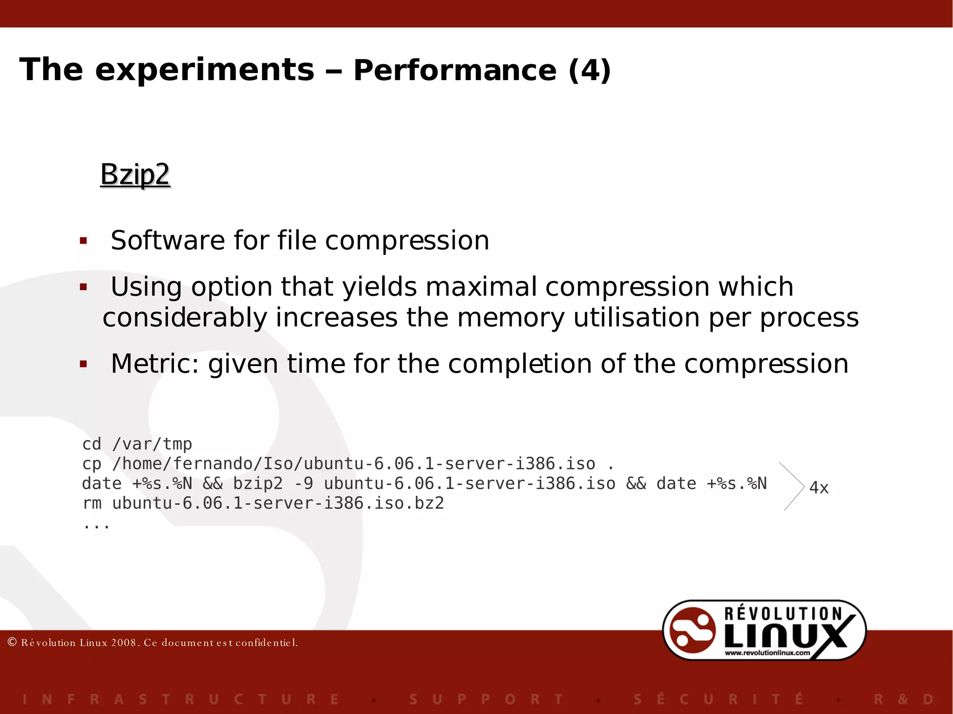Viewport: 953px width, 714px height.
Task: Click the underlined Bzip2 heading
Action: coord(135,175)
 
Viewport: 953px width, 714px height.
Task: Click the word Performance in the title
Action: coord(455,70)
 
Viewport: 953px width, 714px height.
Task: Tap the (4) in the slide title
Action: coord(590,70)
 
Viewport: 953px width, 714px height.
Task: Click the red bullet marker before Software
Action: coord(84,240)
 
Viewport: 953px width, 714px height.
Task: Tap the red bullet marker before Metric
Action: coord(84,364)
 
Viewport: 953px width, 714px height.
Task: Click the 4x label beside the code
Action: coord(819,488)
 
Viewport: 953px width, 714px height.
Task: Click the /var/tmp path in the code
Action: coord(152,444)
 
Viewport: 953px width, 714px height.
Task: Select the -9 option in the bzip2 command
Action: coord(303,484)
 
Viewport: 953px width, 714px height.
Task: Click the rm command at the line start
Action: coord(92,503)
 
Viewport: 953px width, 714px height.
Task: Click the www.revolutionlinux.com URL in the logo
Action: coord(767,653)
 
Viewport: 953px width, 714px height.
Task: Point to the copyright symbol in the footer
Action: coord(13,642)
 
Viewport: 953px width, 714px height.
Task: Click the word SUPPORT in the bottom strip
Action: coord(486,699)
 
